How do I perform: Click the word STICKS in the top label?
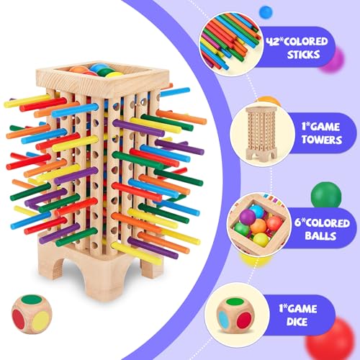304,55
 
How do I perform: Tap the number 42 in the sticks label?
273,41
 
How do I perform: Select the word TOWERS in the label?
322,140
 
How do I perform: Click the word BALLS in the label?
320,235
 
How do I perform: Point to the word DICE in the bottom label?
297,322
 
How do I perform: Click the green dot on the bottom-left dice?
32,300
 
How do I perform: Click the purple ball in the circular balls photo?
247,217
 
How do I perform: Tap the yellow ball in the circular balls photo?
261,240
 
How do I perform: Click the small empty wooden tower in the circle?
261,134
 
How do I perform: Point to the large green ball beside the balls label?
326,195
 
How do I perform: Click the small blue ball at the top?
266,12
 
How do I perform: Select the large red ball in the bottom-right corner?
333,340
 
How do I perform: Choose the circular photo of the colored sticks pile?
230,44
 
